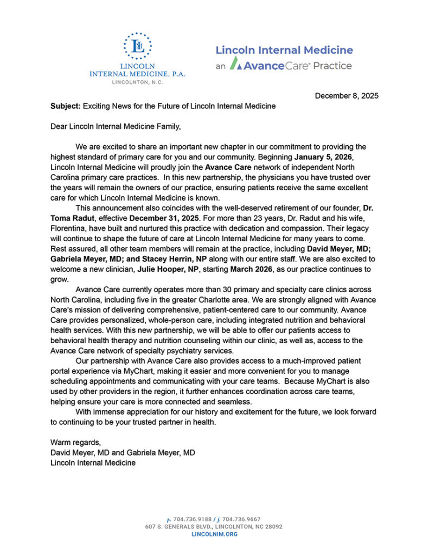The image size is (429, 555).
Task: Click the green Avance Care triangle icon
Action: pos(235,64)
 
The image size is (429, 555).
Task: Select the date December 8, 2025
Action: pos(347,95)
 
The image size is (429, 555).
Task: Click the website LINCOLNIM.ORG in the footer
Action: pos(214,534)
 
